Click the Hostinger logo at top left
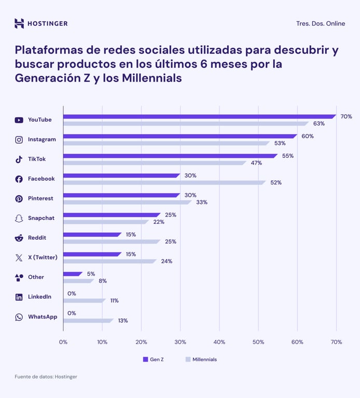pyautogui.click(x=40, y=23)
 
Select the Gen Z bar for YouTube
pyautogui.click(x=199, y=117)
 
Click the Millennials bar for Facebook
pyautogui.click(x=164, y=182)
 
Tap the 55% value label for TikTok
pyautogui.click(x=287, y=156)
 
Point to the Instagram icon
pyautogui.click(x=19, y=139)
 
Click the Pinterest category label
pyautogui.click(x=40, y=198)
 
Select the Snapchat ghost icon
pyautogui.click(x=19, y=218)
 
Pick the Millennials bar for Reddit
pyautogui.click(x=111, y=241)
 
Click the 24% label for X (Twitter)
pyautogui.click(x=167, y=261)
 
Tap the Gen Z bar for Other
pyautogui.click(x=72, y=274)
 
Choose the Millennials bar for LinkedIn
pyautogui.click(x=84, y=301)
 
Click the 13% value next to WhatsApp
pyautogui.click(x=122, y=320)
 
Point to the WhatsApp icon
pyautogui.click(x=19, y=317)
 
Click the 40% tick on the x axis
pyautogui.click(x=219, y=342)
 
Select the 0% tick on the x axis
pyautogui.click(x=63, y=342)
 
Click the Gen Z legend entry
pyautogui.click(x=153, y=359)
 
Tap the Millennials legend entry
pyautogui.click(x=201, y=359)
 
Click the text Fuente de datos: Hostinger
pyautogui.click(x=46, y=377)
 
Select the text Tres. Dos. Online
pyautogui.click(x=321, y=24)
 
